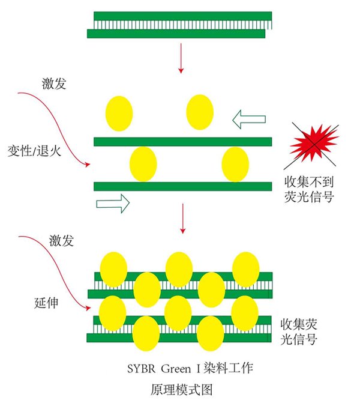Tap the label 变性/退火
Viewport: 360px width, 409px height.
[x=34, y=151]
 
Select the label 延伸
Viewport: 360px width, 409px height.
[x=46, y=303]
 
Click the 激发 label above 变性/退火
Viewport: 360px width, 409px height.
[x=54, y=83]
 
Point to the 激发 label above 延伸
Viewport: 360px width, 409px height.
[x=62, y=240]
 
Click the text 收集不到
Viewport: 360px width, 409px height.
[x=309, y=182]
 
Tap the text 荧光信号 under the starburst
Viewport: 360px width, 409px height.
[x=309, y=196]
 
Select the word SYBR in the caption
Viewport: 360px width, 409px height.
[x=141, y=369]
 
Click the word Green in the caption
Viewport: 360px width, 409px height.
[x=176, y=369]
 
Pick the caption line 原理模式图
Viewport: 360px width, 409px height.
[x=181, y=389]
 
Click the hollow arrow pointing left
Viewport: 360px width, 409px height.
[x=249, y=119]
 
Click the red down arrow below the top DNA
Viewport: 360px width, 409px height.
[x=181, y=58]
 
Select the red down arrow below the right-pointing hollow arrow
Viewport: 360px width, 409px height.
[x=183, y=219]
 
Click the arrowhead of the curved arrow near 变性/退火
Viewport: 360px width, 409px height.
[x=88, y=165]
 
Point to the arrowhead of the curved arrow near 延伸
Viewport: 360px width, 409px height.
[x=88, y=308]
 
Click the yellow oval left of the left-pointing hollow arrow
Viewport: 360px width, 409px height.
[x=200, y=112]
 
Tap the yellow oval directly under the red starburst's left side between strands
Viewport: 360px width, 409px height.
[x=235, y=165]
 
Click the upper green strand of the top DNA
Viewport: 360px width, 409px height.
[x=183, y=16]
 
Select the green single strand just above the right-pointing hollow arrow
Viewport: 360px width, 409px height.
[x=183, y=187]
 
